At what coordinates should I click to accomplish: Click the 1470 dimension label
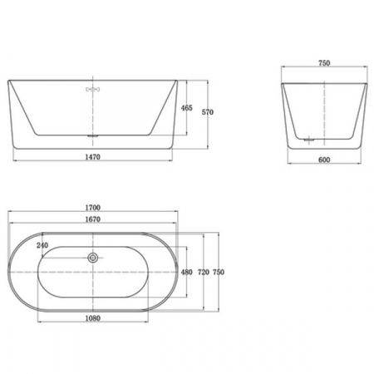coord(92,157)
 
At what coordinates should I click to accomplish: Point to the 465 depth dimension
coord(186,108)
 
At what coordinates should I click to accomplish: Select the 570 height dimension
coord(208,112)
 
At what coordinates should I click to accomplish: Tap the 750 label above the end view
coord(324,63)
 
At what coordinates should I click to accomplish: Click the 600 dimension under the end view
coord(324,160)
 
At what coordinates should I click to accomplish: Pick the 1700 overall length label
coord(92,208)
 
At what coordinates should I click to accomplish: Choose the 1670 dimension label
coord(92,219)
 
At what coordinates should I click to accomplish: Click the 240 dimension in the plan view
coord(42,245)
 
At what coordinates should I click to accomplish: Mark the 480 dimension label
coord(186,272)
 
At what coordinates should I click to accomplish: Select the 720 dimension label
coord(204,272)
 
